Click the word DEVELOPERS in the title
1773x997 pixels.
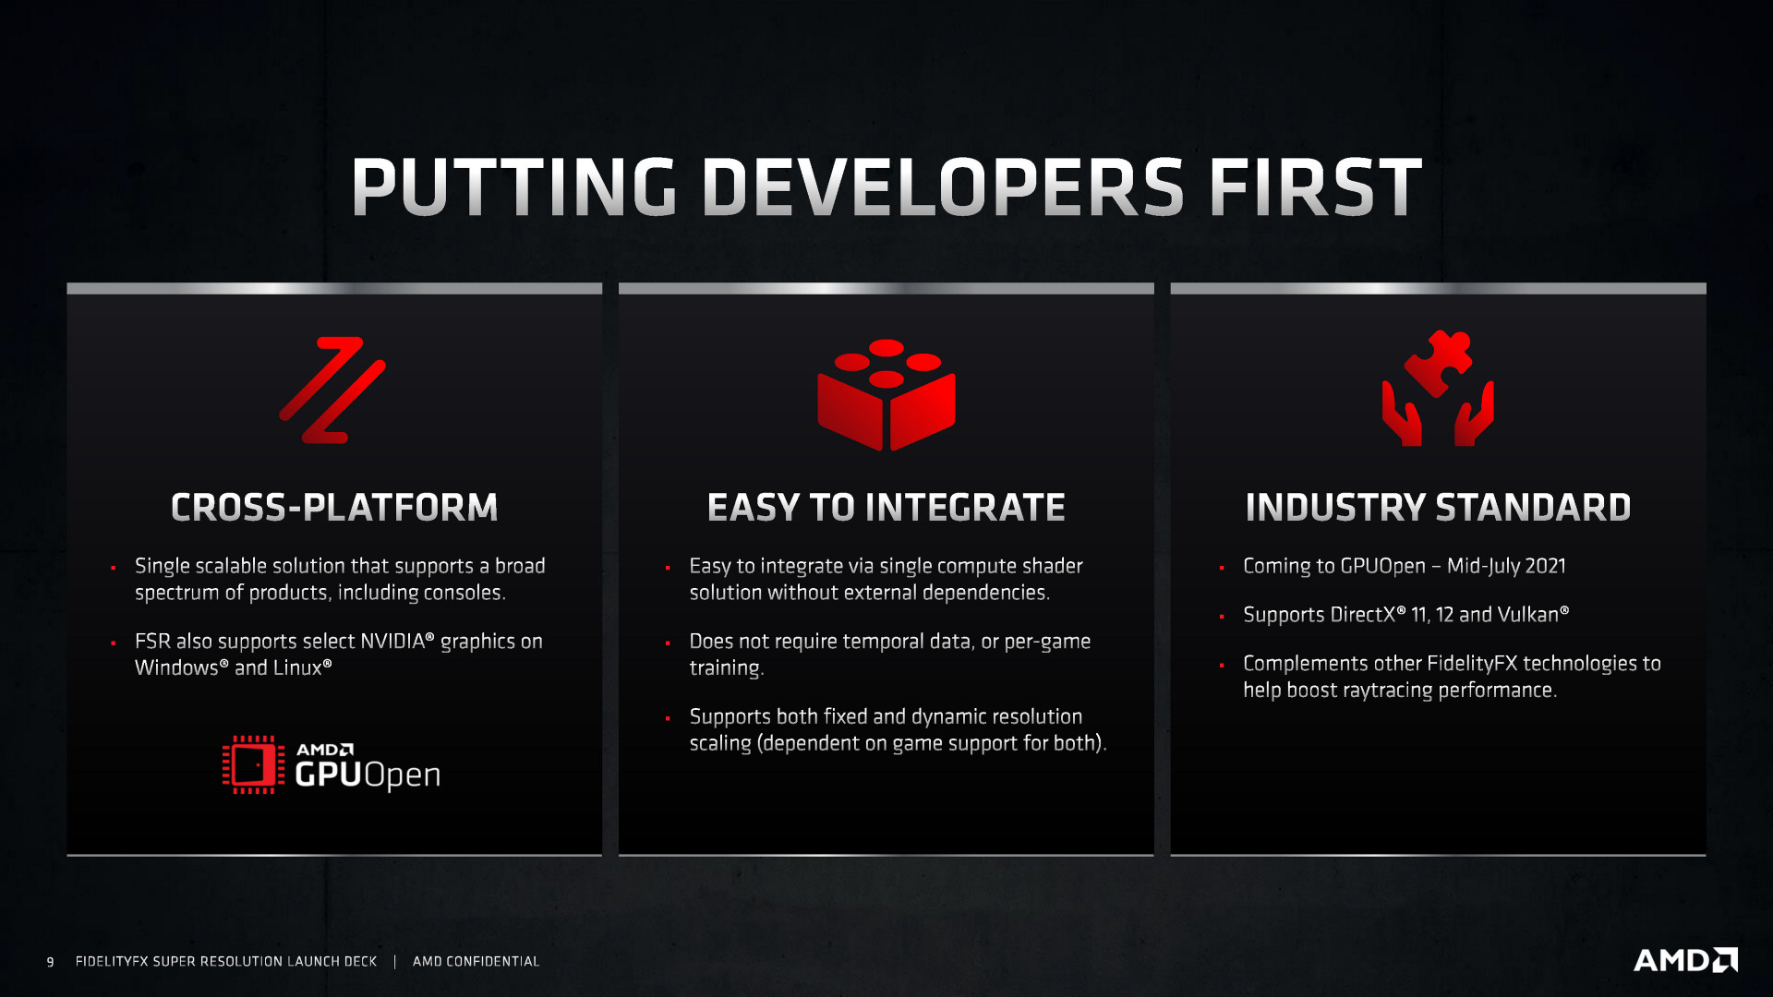click(x=942, y=187)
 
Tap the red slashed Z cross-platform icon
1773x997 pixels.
click(x=332, y=390)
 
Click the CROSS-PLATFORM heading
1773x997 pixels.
click(x=334, y=508)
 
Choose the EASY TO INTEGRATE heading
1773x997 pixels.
click(x=886, y=508)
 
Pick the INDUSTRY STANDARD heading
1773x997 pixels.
click(x=1438, y=508)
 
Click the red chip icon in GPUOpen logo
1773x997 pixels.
click(x=251, y=764)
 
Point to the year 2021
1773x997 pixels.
click(x=1543, y=566)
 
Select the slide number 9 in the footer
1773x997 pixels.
click(x=50, y=962)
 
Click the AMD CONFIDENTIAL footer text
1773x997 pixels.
click(x=476, y=962)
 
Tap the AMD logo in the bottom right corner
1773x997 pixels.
click(x=1685, y=960)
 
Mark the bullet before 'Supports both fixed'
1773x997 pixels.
click(x=668, y=718)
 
